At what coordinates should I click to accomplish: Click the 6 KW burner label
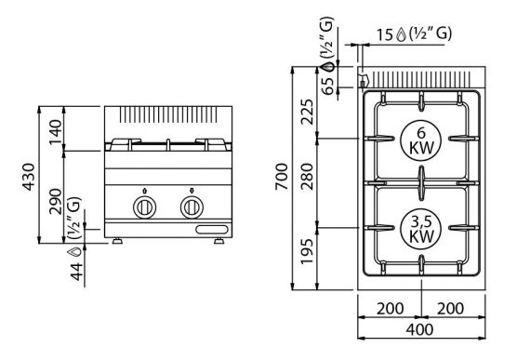(421, 141)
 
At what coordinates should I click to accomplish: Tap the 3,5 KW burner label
(421, 229)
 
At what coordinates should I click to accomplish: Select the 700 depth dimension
(281, 177)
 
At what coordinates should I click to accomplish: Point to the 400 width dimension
(419, 329)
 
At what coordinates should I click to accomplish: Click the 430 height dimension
(29, 177)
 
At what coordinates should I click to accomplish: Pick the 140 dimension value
(56, 132)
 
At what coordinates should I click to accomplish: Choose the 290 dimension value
(56, 201)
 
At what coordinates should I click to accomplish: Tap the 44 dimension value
(76, 272)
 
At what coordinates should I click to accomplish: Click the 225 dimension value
(307, 112)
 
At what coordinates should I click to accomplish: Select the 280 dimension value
(307, 177)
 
